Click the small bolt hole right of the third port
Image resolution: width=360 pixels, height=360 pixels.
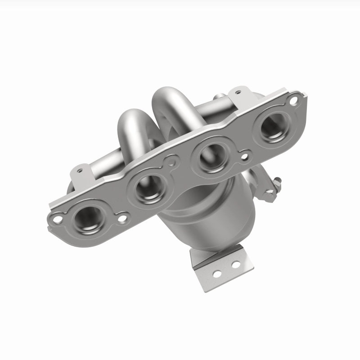(245, 157)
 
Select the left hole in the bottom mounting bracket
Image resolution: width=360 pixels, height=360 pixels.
(217, 273)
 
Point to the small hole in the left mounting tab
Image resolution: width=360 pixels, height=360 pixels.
(80, 171)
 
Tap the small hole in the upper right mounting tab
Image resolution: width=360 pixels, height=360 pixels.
(237, 93)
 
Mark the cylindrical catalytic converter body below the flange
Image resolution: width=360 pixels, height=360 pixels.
(198, 211)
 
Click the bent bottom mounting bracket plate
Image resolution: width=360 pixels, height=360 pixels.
(220, 268)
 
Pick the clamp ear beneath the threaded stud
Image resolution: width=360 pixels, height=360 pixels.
(269, 194)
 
